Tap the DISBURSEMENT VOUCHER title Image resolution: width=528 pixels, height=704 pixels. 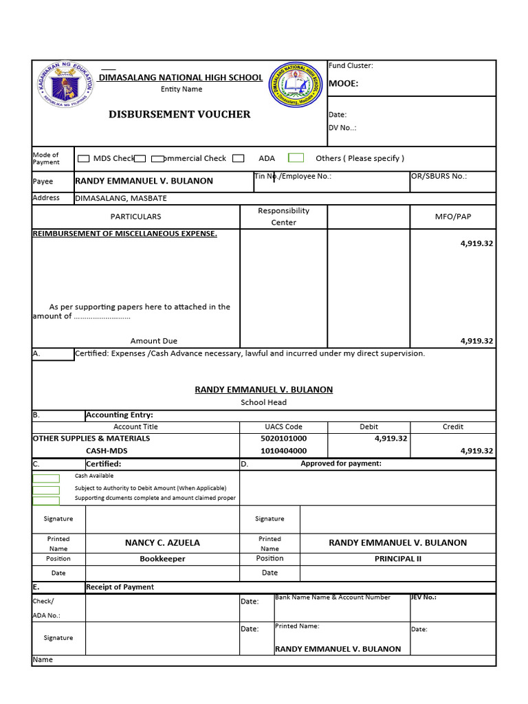pyautogui.click(x=179, y=114)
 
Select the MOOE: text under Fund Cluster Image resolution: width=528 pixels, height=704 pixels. pyautogui.click(x=344, y=84)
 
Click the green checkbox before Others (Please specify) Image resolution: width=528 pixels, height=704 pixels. pyautogui.click(x=296, y=158)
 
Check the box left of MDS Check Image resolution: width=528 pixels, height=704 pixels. pyautogui.click(x=83, y=159)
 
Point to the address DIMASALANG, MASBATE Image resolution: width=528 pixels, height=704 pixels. pyautogui.click(x=120, y=199)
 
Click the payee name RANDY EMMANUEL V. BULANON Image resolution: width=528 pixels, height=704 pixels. pyautogui.click(x=144, y=181)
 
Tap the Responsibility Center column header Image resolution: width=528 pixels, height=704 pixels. pyautogui.click(x=283, y=217)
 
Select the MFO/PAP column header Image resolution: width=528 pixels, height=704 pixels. pyautogui.click(x=452, y=217)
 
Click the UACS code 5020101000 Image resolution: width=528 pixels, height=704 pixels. pyautogui.click(x=283, y=439)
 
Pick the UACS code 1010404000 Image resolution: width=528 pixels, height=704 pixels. pyautogui.click(x=283, y=451)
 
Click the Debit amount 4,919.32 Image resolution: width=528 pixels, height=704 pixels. pyautogui.click(x=390, y=439)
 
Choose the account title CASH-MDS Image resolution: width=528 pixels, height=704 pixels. pyautogui.click(x=107, y=451)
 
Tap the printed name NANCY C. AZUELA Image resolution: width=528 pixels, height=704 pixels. pyautogui.click(x=162, y=543)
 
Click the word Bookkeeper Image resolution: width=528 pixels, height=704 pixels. pyautogui.click(x=162, y=559)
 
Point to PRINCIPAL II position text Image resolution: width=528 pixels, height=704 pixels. pyautogui.click(x=397, y=559)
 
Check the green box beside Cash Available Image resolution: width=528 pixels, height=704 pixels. pyautogui.click(x=46, y=478)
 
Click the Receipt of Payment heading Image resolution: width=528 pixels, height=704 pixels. pyautogui.click(x=120, y=587)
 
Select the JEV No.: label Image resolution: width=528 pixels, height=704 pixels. pyautogui.click(x=423, y=597)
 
